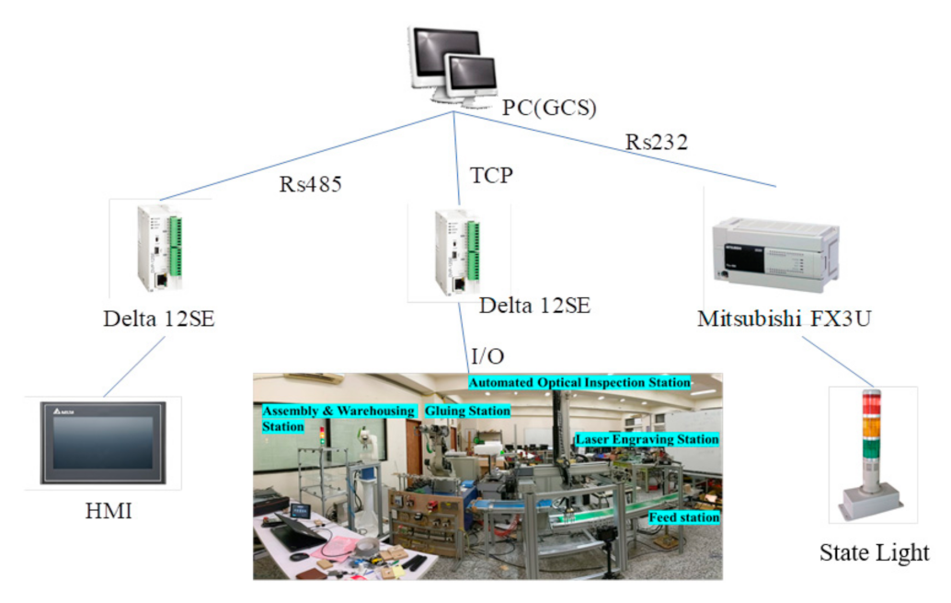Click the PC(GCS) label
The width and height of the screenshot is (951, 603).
click(x=549, y=108)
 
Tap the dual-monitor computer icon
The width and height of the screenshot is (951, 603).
click(x=453, y=64)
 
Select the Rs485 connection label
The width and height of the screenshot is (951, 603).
click(x=310, y=183)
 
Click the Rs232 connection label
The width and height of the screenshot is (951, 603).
click(x=657, y=143)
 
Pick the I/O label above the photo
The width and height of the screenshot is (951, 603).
click(x=488, y=355)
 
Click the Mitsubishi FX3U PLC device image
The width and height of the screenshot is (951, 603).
click(x=774, y=249)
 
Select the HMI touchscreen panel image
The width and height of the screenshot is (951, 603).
click(x=102, y=443)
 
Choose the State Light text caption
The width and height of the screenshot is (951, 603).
click(x=874, y=553)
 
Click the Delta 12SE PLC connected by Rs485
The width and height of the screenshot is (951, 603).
click(x=160, y=247)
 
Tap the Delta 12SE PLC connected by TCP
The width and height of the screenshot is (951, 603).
click(x=458, y=250)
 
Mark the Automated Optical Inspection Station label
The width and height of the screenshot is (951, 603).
click(x=579, y=382)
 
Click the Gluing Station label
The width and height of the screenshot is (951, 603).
click(x=467, y=411)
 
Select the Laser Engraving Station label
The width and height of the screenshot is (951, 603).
click(x=647, y=440)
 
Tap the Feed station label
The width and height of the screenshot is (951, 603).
click(x=684, y=518)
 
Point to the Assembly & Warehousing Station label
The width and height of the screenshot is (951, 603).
click(x=338, y=418)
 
